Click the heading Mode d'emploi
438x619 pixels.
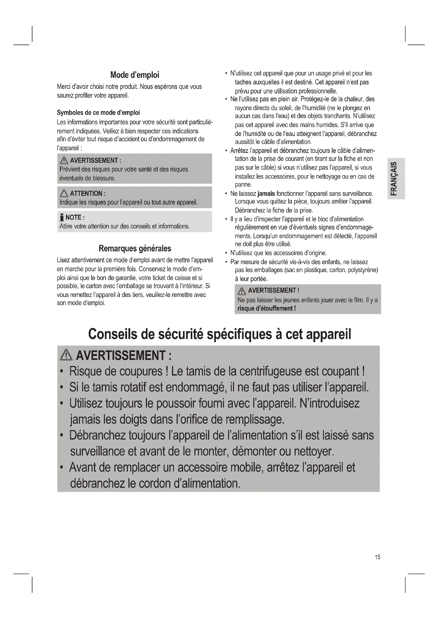pyautogui.click(x=135, y=75)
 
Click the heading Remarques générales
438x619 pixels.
pyautogui.click(x=135, y=248)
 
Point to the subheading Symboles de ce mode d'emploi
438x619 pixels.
pyautogui.click(x=98, y=112)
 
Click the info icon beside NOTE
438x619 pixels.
pyautogui.click(x=62, y=217)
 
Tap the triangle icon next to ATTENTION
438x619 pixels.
pyautogui.click(x=64, y=193)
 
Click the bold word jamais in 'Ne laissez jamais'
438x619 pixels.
pyautogui.click(x=266, y=193)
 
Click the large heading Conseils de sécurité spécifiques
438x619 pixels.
pyautogui.click(x=220, y=334)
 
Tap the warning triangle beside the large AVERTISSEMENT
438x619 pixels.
pyautogui.click(x=66, y=355)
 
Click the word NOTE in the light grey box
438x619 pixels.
pyautogui.click(x=73, y=218)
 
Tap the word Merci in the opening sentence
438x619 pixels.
pyautogui.click(x=63, y=87)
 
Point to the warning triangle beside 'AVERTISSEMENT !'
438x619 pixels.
pyautogui.click(x=242, y=291)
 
